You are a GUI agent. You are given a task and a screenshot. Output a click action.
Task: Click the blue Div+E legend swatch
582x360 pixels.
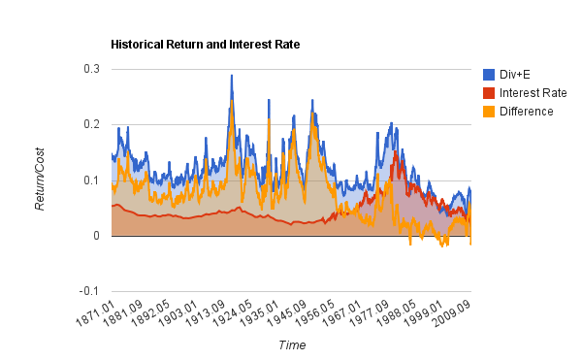pyautogui.click(x=489, y=75)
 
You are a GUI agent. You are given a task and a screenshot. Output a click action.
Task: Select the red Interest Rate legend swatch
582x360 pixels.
pyautogui.click(x=489, y=93)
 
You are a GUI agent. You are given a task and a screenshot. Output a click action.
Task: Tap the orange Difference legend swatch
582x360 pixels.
pyautogui.click(x=489, y=112)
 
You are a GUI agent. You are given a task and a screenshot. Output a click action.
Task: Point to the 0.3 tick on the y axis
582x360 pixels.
pyautogui.click(x=90, y=69)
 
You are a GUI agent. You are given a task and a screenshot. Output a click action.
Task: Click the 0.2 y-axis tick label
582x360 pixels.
pyautogui.click(x=90, y=124)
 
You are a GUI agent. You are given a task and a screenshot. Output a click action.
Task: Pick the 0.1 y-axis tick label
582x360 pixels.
pyautogui.click(x=90, y=180)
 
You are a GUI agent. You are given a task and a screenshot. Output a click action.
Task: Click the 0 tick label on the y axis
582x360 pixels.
pyautogui.click(x=96, y=236)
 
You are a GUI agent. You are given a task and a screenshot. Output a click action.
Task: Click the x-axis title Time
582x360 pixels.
pyautogui.click(x=292, y=345)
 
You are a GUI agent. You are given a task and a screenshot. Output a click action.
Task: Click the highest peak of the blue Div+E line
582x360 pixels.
pyautogui.click(x=231, y=75)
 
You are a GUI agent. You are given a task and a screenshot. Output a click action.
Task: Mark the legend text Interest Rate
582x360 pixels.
pyautogui.click(x=533, y=93)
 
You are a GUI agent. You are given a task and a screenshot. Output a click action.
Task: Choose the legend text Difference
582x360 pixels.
pyautogui.click(x=527, y=112)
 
